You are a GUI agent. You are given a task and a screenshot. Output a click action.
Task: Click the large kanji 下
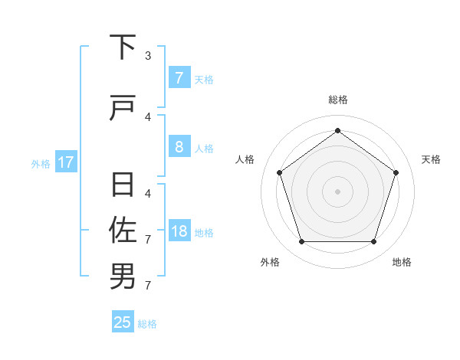click(123, 47)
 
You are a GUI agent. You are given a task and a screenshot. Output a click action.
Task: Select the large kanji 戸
click(123, 110)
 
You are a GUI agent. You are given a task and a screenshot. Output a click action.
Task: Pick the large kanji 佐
click(123, 229)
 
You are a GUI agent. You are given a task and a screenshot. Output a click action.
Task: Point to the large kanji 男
click(123, 277)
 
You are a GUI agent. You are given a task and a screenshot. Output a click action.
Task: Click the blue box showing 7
click(179, 78)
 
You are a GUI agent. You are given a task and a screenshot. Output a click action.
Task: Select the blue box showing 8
click(179, 147)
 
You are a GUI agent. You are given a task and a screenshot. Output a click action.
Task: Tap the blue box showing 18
click(179, 232)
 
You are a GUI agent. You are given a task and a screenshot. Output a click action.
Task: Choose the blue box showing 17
click(66, 162)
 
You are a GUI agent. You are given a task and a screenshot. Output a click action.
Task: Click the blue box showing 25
click(123, 322)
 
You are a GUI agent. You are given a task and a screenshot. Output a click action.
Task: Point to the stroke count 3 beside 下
click(148, 55)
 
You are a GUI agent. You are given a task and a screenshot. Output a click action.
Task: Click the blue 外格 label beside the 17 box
click(41, 163)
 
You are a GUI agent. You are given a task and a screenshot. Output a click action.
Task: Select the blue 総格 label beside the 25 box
click(147, 324)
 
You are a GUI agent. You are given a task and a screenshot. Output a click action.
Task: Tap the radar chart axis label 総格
click(337, 100)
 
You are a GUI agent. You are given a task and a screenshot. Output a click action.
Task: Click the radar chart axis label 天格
click(431, 159)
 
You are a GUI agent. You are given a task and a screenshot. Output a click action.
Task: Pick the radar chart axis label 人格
click(245, 159)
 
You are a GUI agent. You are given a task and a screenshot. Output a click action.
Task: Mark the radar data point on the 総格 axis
click(337, 130)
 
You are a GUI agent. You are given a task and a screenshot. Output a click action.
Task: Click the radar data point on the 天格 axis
click(396, 172)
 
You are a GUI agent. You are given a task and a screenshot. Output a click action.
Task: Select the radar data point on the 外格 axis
click(301, 242)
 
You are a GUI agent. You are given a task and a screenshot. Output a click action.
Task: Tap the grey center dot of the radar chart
click(337, 191)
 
